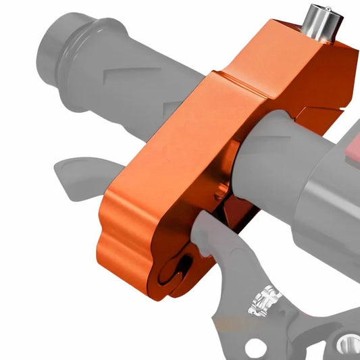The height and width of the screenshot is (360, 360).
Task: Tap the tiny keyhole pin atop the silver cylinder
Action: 317,9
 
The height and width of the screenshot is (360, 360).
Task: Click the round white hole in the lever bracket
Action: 255,348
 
